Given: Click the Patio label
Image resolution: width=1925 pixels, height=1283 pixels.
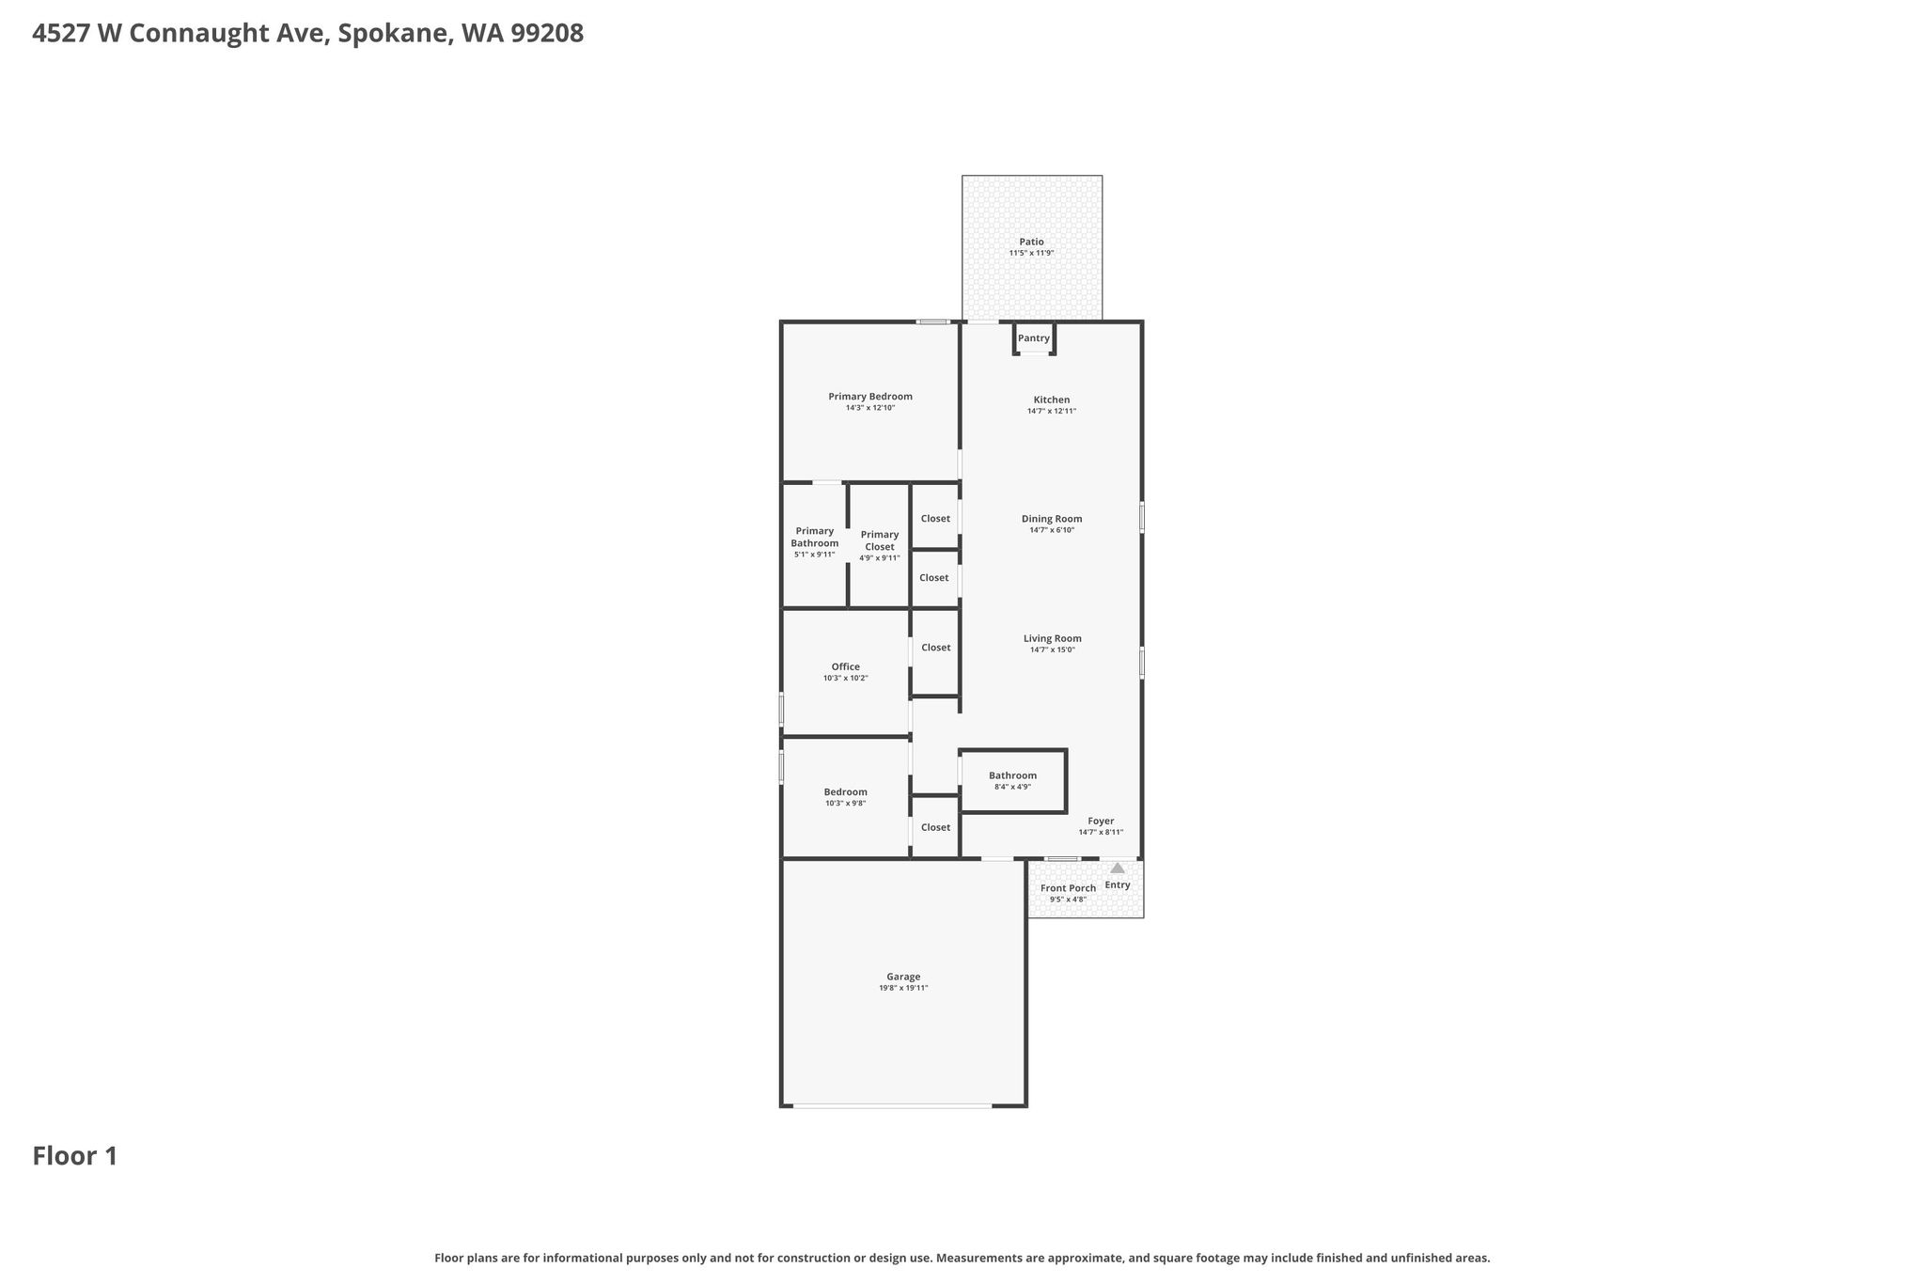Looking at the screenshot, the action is (1031, 242).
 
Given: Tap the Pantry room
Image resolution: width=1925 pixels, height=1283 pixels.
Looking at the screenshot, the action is (1034, 338).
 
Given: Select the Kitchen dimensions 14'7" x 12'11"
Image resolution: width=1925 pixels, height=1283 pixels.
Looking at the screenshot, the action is (1052, 411).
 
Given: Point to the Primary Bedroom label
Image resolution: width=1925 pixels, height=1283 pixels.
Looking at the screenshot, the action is (870, 396).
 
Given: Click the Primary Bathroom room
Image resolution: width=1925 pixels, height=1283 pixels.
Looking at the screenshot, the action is (814, 545).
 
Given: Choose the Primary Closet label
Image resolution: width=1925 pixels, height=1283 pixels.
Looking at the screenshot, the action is (880, 540).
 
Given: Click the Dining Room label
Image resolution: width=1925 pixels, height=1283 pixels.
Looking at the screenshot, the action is (1052, 518).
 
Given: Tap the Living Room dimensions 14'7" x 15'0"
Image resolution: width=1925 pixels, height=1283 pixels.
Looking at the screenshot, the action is (1052, 649).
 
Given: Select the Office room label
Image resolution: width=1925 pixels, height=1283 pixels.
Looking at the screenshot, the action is (845, 666).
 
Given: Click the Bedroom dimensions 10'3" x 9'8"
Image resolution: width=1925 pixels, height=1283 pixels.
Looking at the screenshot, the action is (845, 803).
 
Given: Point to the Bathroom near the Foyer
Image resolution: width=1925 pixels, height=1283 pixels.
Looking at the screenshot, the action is (1012, 781).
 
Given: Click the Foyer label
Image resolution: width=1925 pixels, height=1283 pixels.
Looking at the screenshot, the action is (1101, 821).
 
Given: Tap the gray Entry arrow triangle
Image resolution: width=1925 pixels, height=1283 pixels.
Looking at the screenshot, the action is (1118, 868).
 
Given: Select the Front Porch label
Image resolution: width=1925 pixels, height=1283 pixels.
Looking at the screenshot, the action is (1068, 888).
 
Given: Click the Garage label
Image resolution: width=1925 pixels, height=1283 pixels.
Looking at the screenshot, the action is (903, 977).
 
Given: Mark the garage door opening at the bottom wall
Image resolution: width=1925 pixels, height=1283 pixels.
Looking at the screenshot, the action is (892, 1106).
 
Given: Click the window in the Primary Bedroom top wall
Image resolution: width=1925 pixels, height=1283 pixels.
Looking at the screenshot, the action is (933, 321).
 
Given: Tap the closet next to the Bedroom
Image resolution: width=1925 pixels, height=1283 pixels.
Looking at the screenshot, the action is (935, 827).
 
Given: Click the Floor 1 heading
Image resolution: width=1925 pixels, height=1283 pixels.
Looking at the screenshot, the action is (75, 1156).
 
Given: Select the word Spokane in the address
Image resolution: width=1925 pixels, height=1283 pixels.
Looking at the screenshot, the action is (393, 34).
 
